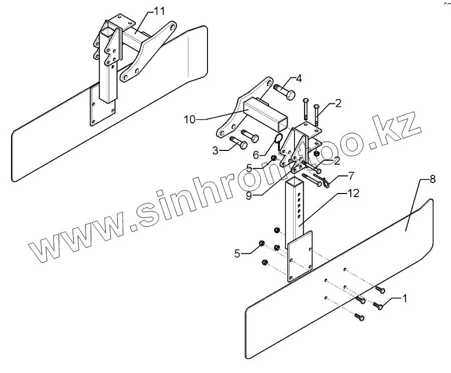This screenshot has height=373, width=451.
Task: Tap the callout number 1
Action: tap(405, 299)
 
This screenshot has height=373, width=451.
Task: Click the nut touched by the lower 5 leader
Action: tap(262, 244)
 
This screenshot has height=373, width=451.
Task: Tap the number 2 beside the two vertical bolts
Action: tap(338, 104)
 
